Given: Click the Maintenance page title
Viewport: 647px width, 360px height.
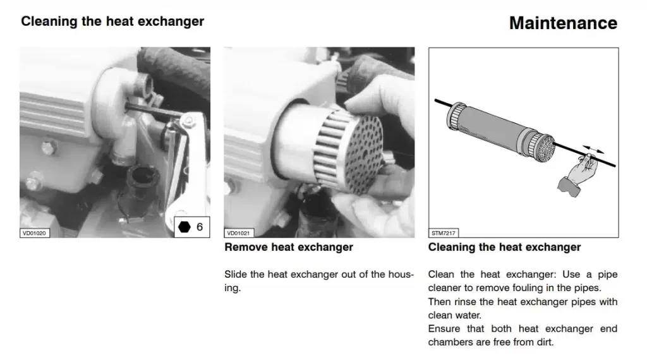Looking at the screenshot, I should point(563,23).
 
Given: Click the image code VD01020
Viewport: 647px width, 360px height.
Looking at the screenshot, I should point(34,232).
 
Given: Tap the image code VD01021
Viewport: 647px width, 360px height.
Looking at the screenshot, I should point(238,232).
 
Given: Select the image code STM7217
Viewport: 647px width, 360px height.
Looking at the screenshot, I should point(442,232).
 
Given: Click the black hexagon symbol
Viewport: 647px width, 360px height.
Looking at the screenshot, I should point(184,227).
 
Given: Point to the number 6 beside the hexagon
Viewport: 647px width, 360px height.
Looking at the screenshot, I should point(200,227).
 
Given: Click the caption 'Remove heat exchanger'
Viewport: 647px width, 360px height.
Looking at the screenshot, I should point(289,248).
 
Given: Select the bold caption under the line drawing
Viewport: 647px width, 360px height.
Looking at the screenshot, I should point(504,248).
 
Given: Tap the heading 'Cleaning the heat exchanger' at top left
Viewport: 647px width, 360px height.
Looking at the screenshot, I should point(112,21).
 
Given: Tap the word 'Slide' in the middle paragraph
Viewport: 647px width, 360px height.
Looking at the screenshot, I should point(236,275).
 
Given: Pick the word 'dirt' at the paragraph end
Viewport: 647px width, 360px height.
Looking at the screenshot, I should point(543,342).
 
